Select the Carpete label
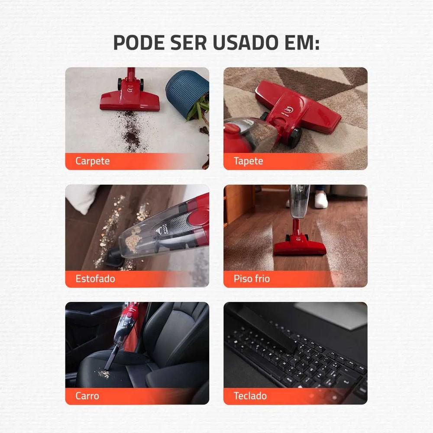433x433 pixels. (92, 161)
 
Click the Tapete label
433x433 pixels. (248, 161)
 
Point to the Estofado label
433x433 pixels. (95, 278)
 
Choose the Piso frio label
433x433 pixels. (252, 278)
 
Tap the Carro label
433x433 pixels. (87, 396)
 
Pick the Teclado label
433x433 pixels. (250, 396)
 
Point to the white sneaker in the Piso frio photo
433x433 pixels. (321, 200)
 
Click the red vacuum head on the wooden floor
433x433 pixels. (299, 247)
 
